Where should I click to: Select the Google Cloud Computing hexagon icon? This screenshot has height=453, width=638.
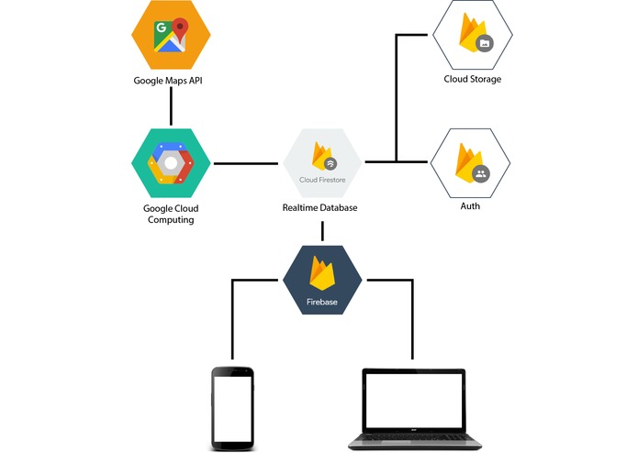[171, 162]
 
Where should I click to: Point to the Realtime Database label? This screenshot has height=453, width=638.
[319, 208]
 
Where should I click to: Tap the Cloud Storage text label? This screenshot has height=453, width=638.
[472, 80]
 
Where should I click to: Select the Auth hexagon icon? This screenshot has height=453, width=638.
[470, 162]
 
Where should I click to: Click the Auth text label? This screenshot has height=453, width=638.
[470, 206]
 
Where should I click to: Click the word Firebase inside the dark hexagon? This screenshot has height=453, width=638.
[321, 300]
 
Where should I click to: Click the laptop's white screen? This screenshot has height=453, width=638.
[412, 399]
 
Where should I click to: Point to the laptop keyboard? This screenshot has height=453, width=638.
[412, 437]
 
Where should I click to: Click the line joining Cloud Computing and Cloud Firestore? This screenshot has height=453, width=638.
[244, 163]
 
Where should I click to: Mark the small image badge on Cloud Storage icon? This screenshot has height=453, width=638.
[484, 43]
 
